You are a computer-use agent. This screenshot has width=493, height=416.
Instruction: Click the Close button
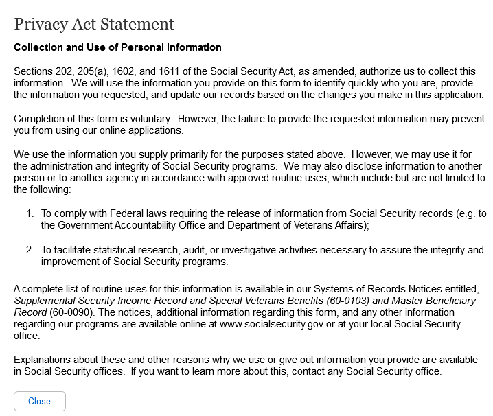pos(39,401)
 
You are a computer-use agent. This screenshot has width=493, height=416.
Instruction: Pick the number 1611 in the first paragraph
pos(173,71)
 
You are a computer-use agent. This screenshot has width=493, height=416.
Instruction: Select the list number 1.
pos(30,213)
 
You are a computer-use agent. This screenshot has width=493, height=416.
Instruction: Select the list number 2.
pos(30,250)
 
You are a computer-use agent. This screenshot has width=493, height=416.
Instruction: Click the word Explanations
pos(43,360)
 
